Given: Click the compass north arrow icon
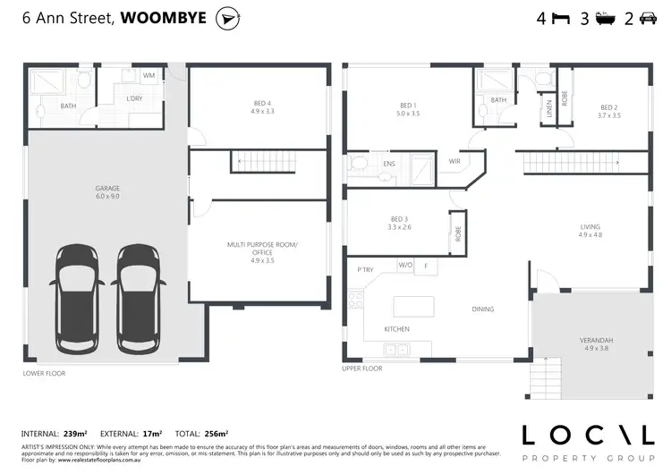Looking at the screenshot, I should pyautogui.click(x=230, y=18).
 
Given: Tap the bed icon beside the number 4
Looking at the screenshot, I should pyautogui.click(x=559, y=18).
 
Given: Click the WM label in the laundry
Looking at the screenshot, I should pyautogui.click(x=149, y=76).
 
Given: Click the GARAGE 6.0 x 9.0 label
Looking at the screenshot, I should pyautogui.click(x=107, y=192).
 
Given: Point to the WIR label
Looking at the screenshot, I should pyautogui.click(x=454, y=162).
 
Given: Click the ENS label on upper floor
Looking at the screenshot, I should pyautogui.click(x=389, y=165).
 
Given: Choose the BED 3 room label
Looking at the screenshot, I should pyautogui.click(x=399, y=223).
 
